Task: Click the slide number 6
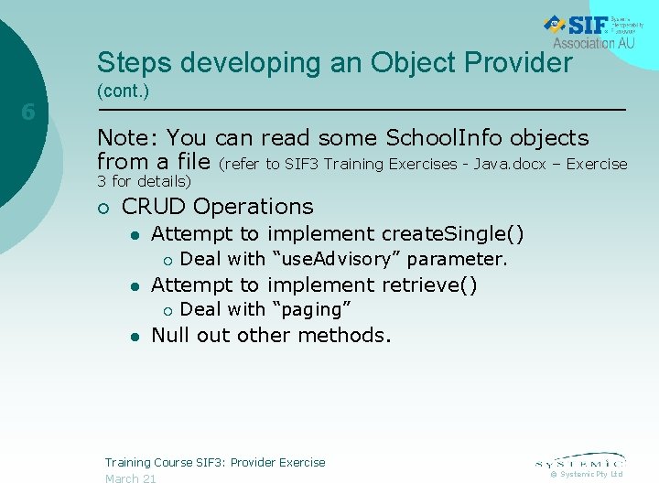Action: tap(28, 113)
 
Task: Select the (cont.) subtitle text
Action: tap(123, 92)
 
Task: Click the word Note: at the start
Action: tap(130, 138)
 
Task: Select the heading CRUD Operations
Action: tap(217, 207)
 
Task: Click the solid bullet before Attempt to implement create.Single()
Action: tap(134, 235)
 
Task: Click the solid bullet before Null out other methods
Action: tap(134, 336)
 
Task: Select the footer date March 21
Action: tap(130, 478)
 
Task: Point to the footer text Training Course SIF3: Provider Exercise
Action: tap(215, 462)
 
